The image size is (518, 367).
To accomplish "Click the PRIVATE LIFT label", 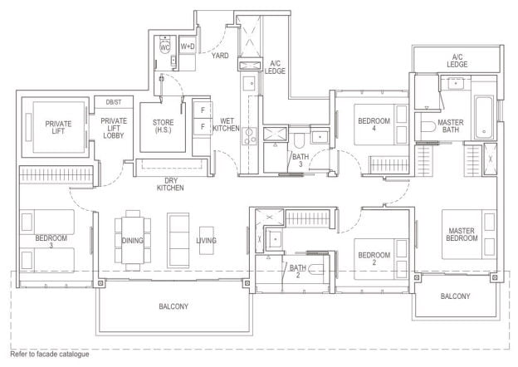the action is click(x=58, y=127).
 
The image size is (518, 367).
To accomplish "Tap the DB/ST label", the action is click(x=114, y=102).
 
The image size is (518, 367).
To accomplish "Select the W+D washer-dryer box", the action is click(x=188, y=46).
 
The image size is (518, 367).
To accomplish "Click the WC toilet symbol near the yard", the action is click(x=165, y=46).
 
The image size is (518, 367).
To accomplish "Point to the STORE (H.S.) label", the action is click(x=163, y=126).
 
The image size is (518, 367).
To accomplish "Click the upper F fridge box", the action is click(x=203, y=110).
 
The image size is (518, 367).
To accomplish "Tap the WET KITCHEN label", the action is click(x=226, y=125).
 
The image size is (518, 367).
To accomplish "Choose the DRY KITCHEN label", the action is click(x=170, y=184).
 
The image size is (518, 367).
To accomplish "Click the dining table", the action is click(x=133, y=240).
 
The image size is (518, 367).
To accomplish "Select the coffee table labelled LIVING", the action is click(x=207, y=240).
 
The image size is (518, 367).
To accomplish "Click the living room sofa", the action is click(x=178, y=240).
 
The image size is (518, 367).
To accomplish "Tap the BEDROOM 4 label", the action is click(x=374, y=125).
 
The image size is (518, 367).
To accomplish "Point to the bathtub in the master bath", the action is click(x=484, y=117).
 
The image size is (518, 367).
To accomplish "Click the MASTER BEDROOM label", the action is click(x=462, y=234).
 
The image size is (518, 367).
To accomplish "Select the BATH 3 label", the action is click(x=301, y=160).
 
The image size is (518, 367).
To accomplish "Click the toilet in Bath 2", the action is click(x=316, y=270).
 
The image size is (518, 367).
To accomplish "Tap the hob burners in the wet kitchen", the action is click(x=249, y=136).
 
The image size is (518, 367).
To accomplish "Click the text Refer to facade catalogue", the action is click(x=50, y=354).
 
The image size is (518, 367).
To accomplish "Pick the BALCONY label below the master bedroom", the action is click(x=455, y=296).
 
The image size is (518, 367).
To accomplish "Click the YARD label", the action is click(x=220, y=56).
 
